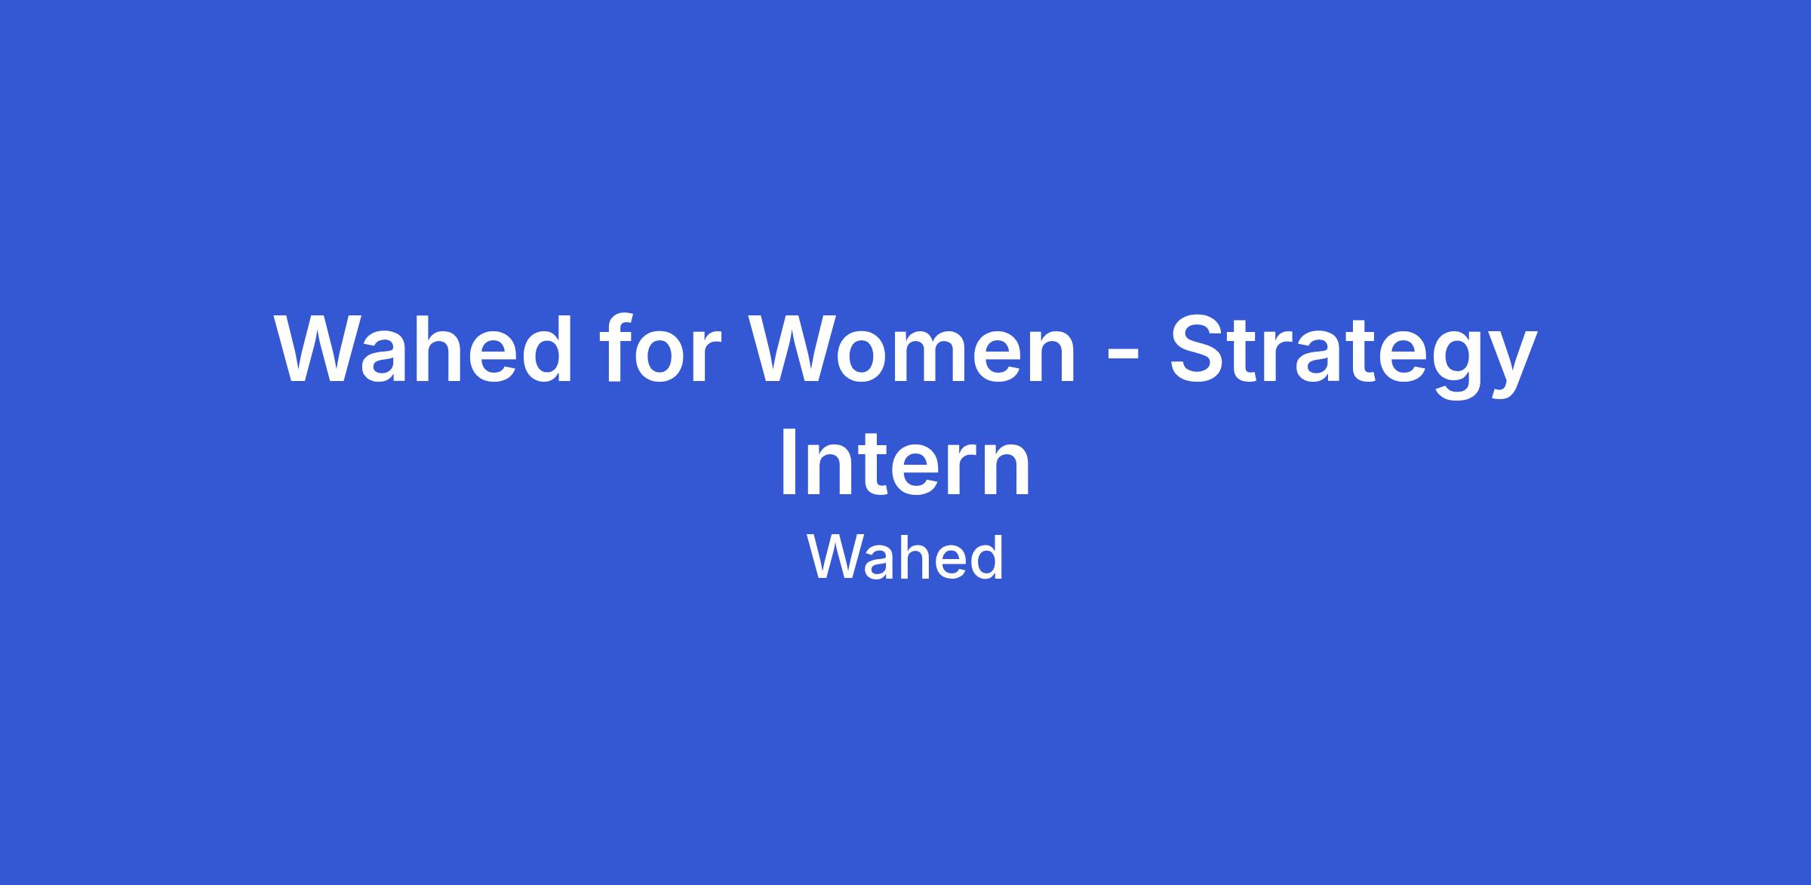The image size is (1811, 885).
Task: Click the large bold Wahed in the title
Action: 425,348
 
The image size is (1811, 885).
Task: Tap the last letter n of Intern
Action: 1007,470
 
